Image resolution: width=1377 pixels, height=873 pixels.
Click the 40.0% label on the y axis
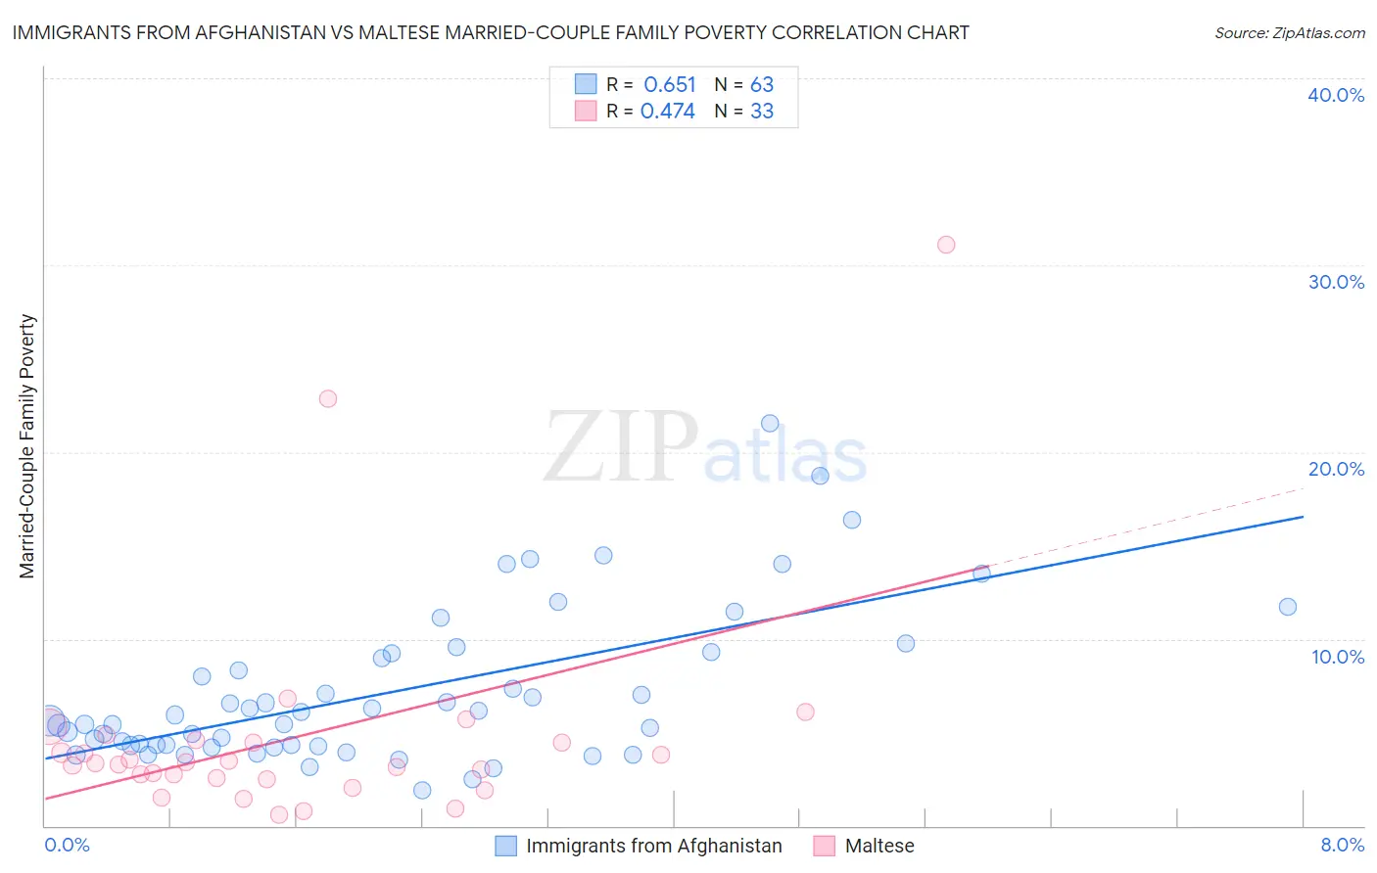click(1336, 95)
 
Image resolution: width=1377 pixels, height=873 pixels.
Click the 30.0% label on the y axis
click(1336, 282)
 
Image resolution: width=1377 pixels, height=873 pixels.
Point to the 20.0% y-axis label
click(1336, 469)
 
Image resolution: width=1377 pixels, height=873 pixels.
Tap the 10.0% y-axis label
click(1338, 657)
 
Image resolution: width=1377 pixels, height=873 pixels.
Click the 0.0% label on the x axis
click(67, 845)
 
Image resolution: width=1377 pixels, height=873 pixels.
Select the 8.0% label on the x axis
click(1342, 845)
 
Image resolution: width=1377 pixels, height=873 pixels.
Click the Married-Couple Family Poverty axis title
click(27, 446)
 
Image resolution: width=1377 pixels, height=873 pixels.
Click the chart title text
click(491, 32)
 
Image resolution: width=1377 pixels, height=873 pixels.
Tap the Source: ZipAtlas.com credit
click(1289, 33)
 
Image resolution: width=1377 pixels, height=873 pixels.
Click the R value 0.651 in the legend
click(670, 85)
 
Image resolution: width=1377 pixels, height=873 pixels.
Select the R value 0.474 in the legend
click(668, 112)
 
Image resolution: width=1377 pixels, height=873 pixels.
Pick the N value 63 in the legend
click(762, 85)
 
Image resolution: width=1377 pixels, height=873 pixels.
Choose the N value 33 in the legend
click(762, 112)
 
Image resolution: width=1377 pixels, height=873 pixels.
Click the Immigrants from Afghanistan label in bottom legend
click(653, 846)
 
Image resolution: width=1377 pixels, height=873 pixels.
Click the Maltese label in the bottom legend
click(878, 846)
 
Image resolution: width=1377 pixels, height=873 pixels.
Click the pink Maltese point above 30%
click(946, 245)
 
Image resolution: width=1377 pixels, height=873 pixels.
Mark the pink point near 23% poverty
click(328, 398)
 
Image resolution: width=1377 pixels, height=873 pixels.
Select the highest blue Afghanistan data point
click(770, 424)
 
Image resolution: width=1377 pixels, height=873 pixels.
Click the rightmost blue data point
click(1288, 607)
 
